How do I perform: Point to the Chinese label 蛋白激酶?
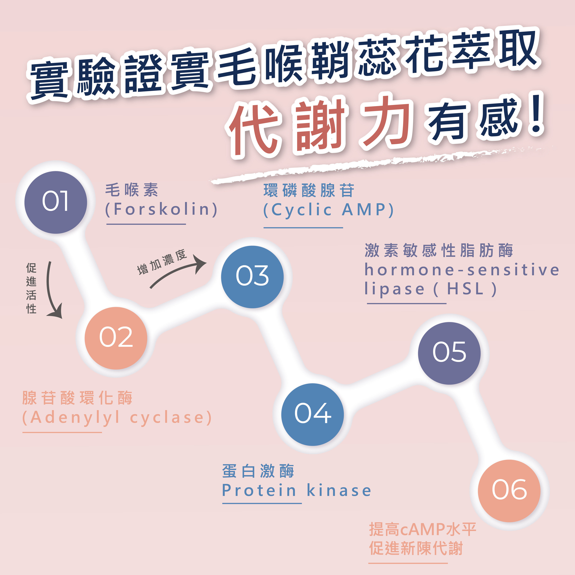258,471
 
